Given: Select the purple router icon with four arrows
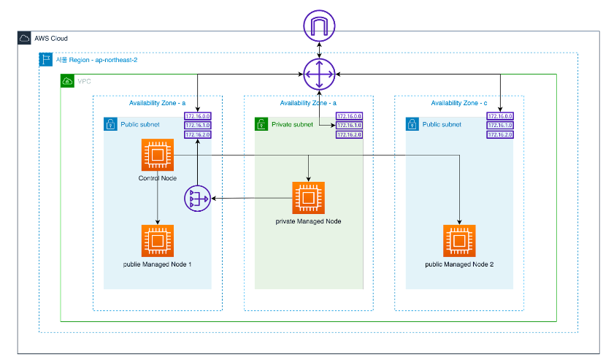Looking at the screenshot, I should (319, 74).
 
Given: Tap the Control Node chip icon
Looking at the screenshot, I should (156, 156).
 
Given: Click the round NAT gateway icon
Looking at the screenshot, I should (197, 198).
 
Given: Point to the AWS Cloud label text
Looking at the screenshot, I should (51, 38).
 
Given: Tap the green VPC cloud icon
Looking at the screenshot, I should (67, 81).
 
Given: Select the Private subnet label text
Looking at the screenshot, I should (293, 124).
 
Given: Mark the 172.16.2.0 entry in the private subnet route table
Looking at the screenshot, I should (349, 135).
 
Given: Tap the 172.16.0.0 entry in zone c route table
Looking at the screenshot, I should (500, 116).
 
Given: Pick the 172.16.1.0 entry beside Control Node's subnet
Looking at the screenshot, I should (198, 126).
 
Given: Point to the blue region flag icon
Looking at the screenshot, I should (45, 60).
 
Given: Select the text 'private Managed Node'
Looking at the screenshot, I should (308, 221).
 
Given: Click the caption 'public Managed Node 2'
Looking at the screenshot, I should (459, 263).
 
